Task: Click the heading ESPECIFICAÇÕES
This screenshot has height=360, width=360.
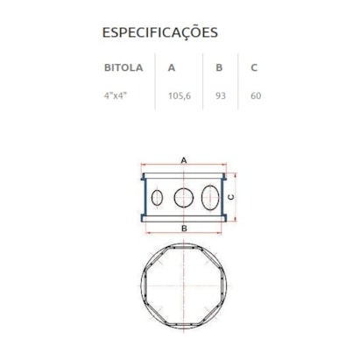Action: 160,33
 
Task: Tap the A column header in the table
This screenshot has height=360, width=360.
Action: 171,67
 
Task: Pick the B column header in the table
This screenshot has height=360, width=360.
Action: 219,67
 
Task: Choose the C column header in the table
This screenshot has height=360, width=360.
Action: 253,67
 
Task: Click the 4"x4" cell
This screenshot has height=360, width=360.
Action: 116,95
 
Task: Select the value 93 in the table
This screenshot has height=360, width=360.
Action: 221,95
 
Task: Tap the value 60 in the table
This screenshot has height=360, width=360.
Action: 255,95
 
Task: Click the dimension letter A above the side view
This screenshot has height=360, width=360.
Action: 183,160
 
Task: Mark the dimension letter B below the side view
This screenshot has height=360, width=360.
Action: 183,229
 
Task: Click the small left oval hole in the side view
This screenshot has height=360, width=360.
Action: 157,197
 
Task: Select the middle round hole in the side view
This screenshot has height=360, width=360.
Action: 183,197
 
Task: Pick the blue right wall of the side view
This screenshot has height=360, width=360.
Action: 224,197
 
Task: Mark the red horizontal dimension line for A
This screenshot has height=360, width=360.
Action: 162,166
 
